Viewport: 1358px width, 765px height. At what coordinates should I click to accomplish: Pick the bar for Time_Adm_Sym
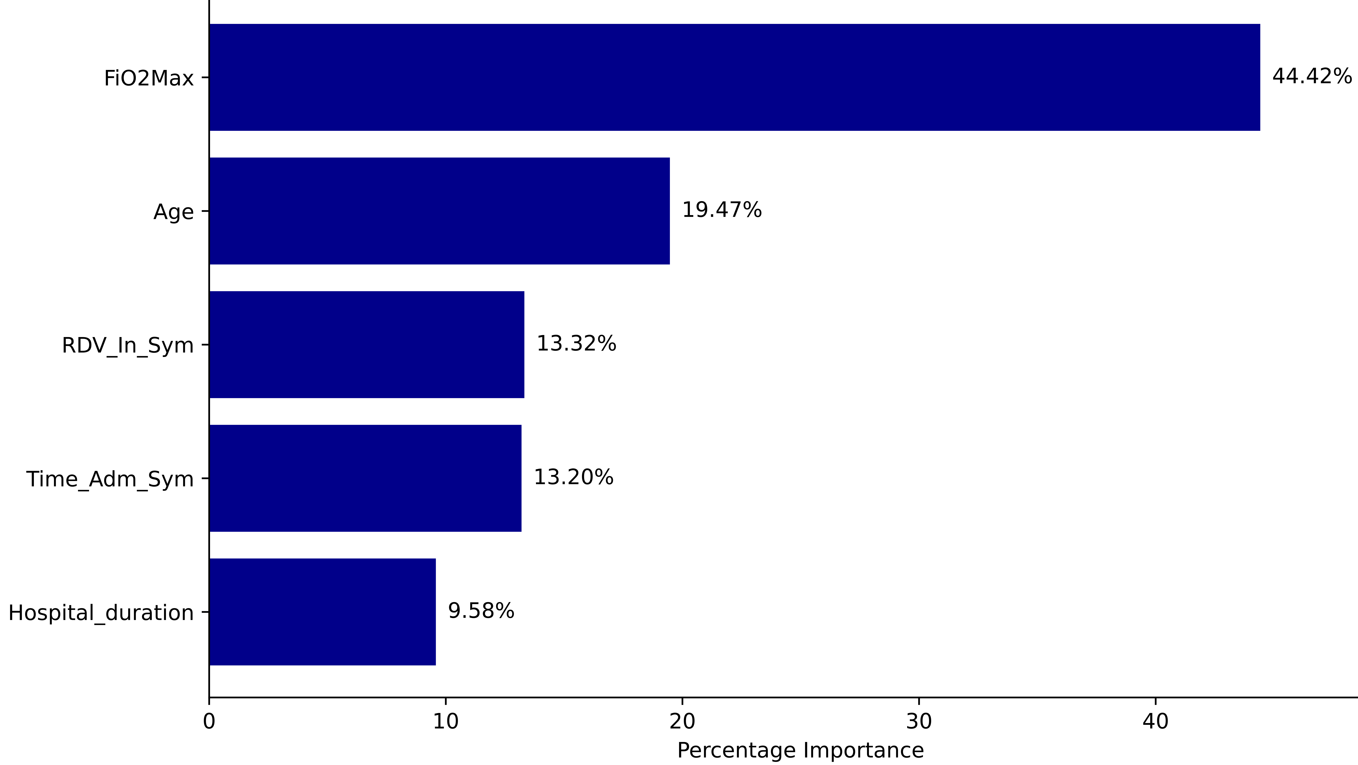365,478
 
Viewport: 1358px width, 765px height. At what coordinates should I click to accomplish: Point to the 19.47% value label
722,210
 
